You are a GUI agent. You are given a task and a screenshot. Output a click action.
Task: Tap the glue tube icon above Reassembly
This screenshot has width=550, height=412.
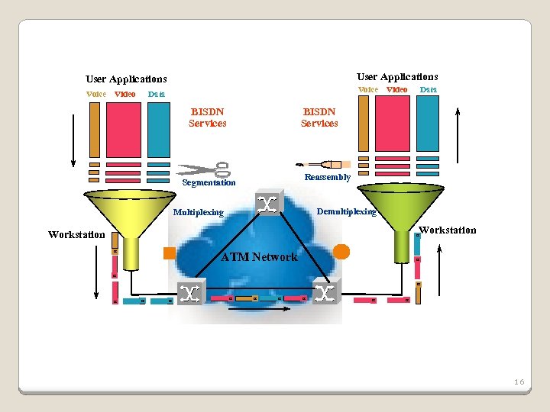click(x=323, y=164)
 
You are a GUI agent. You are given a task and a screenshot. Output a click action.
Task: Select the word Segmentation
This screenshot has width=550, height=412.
click(x=209, y=183)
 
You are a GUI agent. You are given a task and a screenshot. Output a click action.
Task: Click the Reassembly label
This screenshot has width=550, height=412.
click(x=327, y=177)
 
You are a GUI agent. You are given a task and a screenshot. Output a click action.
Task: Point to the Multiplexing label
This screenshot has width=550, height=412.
click(x=199, y=213)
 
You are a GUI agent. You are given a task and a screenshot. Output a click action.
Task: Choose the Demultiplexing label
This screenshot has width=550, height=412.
click(x=346, y=211)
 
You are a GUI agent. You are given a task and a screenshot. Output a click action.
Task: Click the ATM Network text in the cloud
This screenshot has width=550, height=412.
click(x=259, y=257)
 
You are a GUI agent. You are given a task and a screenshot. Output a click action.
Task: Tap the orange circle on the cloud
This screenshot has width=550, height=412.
click(x=341, y=251)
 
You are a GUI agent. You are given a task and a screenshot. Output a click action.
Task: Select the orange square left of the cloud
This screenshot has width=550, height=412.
click(x=170, y=253)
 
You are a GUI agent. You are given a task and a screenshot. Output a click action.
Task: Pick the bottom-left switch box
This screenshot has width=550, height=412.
click(x=191, y=293)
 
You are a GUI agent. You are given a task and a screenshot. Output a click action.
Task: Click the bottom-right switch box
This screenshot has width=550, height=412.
click(x=326, y=293)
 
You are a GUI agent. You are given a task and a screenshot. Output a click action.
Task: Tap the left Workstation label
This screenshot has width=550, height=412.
click(x=76, y=235)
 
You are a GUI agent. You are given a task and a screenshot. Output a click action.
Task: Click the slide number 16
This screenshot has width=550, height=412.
click(x=519, y=381)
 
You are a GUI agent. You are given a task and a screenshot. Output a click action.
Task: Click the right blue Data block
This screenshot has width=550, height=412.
click(x=428, y=124)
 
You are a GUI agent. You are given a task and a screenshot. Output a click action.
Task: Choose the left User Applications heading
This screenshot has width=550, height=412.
click(x=126, y=79)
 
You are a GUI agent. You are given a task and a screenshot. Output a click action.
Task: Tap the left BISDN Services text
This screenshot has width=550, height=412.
click(x=208, y=117)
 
